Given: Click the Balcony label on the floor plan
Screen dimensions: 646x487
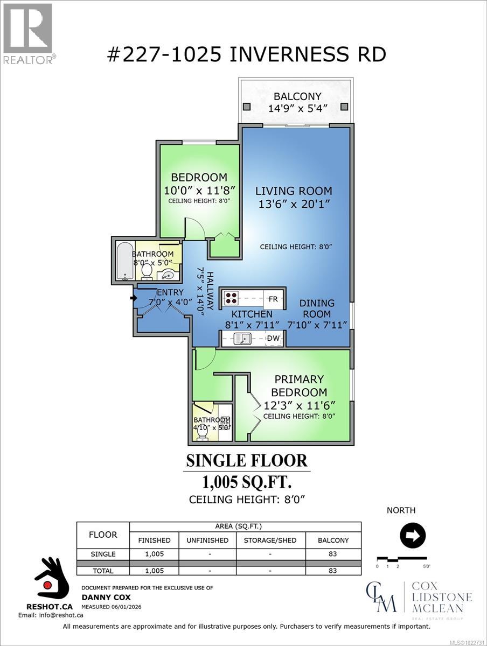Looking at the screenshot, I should pyautogui.click(x=297, y=96).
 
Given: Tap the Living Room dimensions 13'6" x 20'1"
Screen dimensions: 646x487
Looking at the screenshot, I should pyautogui.click(x=294, y=204).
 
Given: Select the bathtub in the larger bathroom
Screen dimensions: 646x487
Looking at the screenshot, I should pyautogui.click(x=124, y=261).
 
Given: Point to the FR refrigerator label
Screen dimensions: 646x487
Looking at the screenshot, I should pyautogui.click(x=273, y=299).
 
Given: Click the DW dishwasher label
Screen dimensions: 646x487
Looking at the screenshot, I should pyautogui.click(x=274, y=338).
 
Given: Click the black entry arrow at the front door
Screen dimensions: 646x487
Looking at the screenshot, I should pyautogui.click(x=133, y=296).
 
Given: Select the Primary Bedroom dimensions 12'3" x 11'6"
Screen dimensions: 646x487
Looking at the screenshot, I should pyautogui.click(x=299, y=405).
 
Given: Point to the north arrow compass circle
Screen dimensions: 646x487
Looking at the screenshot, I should pyautogui.click(x=413, y=536).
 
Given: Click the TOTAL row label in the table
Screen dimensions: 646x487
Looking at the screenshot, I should pyautogui.click(x=103, y=570).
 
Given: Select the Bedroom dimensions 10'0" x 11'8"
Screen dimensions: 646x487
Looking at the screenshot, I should pyautogui.click(x=198, y=190).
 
